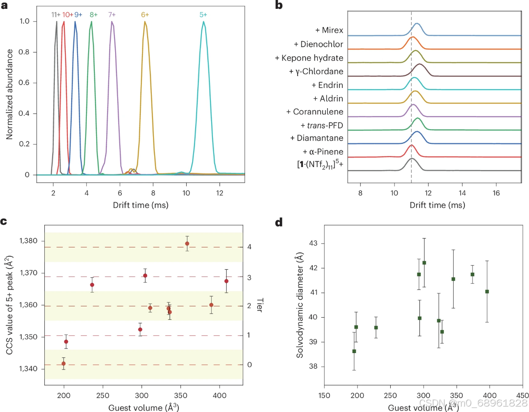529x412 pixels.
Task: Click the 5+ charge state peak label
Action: tap(203, 15)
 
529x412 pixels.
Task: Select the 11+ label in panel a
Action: tap(56, 15)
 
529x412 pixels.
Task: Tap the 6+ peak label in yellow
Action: tap(145, 15)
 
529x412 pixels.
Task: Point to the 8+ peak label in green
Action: tap(94, 15)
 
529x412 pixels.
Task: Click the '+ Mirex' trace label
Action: tap(329, 30)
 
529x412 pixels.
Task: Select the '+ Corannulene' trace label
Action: tap(315, 112)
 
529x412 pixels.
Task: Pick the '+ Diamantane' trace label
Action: tap(317, 138)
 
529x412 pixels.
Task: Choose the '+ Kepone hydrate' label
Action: tap(309, 58)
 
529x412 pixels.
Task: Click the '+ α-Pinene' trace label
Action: tap(323, 152)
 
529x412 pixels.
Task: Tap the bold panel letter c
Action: tap(4, 221)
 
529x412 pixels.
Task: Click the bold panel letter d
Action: tap(279, 222)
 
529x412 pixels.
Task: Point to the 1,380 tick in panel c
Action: tap(29, 241)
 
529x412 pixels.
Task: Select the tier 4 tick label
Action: tap(250, 247)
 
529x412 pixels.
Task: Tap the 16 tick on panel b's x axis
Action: tap(496, 193)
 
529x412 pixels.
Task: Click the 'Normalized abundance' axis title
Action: tap(9, 94)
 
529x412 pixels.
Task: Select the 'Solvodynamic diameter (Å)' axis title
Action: tap(300, 306)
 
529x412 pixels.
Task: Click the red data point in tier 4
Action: tap(187, 244)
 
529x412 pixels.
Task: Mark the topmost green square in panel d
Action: tap(424, 263)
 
